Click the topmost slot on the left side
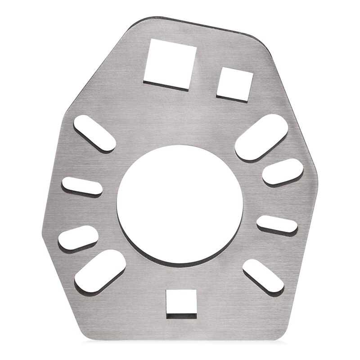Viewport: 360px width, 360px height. [x=94, y=133]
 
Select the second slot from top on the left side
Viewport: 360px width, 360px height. [x=82, y=186]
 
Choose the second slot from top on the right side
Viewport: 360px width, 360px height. [x=283, y=171]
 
